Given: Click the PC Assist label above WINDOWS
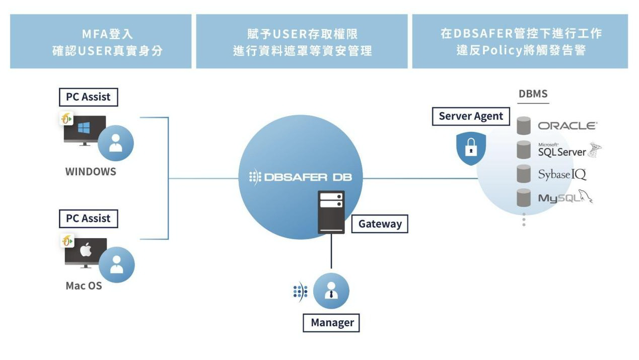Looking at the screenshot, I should (88, 97).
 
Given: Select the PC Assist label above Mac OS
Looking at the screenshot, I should (88, 219).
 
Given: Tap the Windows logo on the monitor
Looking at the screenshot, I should (84, 128).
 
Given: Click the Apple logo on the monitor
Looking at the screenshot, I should (86, 250).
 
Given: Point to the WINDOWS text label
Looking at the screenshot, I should (91, 172).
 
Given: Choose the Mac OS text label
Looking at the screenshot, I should (84, 286).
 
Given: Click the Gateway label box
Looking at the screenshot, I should (380, 224).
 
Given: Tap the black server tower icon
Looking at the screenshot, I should (331, 212).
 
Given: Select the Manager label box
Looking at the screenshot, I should (332, 323).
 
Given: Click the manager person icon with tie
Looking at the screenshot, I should (331, 291).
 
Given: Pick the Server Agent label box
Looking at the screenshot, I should (471, 116).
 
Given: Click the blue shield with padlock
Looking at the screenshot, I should (471, 149).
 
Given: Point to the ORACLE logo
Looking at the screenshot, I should (567, 126).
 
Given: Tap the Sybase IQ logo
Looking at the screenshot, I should (562, 175).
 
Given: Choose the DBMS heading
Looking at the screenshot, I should (533, 94).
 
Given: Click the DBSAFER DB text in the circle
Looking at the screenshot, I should (300, 178).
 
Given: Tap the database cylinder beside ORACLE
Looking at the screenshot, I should (524, 126).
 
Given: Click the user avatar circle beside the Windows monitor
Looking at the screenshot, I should (116, 143).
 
